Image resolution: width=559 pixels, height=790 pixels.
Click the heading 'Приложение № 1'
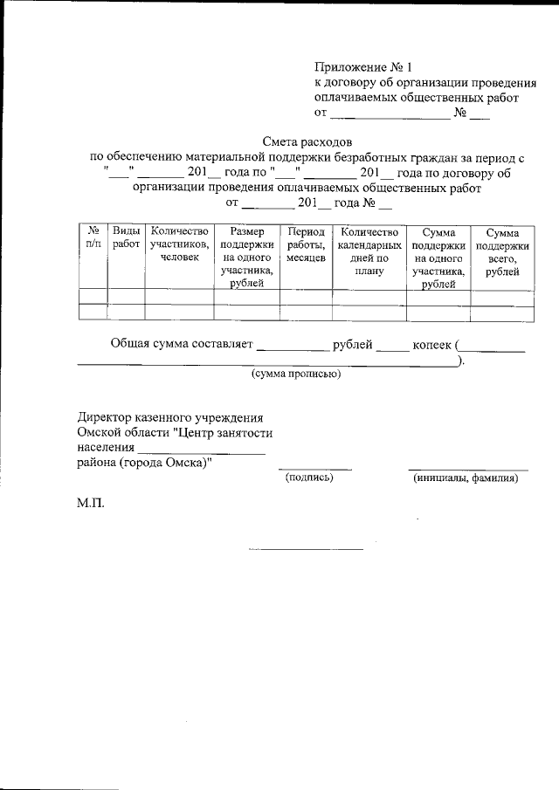361,66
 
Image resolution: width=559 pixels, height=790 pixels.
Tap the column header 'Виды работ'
126,238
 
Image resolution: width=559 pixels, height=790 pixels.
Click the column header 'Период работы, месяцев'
305,245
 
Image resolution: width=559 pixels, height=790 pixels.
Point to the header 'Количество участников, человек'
179,245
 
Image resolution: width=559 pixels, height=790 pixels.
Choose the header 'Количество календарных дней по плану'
369,251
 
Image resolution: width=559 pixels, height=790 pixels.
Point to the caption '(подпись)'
310,477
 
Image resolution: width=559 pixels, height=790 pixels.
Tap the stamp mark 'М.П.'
91,504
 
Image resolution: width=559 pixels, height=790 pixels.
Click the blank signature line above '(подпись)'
314,469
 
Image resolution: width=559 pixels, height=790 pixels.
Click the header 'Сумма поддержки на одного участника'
438,258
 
